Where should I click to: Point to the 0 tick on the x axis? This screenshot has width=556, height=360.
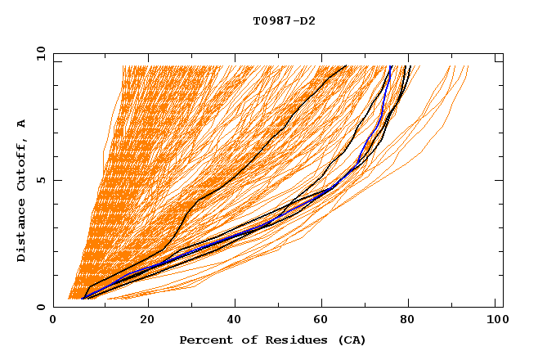pos(53,322)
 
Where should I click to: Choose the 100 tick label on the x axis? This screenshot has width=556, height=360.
pos(495,322)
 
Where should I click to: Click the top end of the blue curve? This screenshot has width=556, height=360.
pos(391,66)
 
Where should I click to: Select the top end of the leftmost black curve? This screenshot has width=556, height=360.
pos(346,65)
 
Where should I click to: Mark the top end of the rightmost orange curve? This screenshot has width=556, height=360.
pos(469,66)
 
